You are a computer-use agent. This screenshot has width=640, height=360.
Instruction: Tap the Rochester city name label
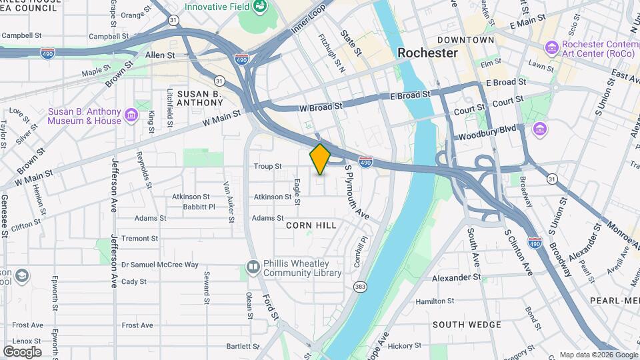coord(427,53)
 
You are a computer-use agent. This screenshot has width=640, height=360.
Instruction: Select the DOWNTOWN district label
coord(466,40)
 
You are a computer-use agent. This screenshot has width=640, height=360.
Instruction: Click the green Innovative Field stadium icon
coord(260,7)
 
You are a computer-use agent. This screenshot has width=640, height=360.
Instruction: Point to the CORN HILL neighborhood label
coord(311,225)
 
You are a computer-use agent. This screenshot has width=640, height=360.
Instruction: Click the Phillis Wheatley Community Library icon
coord(253,267)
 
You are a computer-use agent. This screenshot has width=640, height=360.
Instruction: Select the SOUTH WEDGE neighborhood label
coord(467,325)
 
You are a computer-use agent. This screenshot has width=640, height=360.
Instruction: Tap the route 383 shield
coord(361,287)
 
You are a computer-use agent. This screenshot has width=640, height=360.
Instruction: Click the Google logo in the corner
coord(22,351)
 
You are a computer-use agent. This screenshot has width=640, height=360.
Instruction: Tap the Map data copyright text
coord(597,355)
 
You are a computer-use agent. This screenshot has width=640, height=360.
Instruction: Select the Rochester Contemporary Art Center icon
coord(551,47)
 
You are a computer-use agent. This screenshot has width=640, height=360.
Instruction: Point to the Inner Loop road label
coord(309,20)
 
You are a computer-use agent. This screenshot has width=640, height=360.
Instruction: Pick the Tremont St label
coord(139,238)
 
